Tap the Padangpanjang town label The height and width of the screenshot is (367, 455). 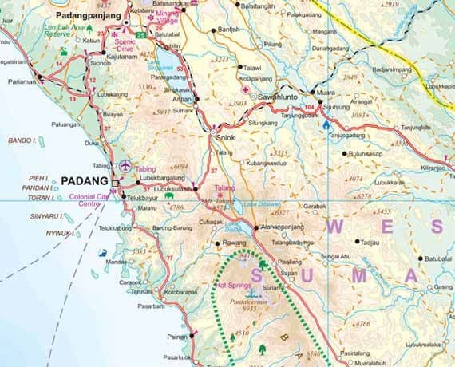[89, 15]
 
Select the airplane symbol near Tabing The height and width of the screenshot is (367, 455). [126, 164]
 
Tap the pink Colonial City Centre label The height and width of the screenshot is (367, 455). [89, 199]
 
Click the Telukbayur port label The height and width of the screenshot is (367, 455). [145, 195]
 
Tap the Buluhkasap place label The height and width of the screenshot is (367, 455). [368, 153]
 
